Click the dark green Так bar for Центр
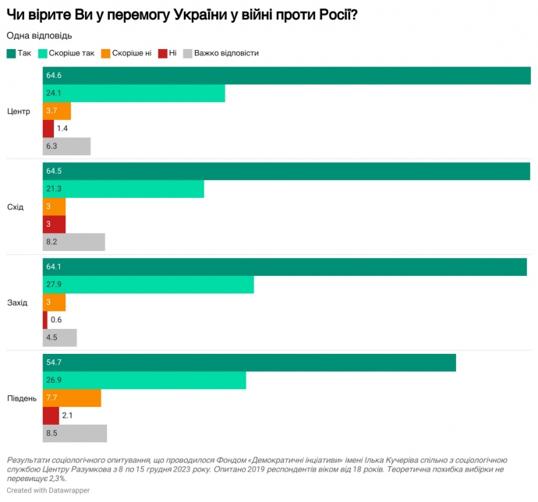point(286,76)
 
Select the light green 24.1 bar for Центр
point(133,94)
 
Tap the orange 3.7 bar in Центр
point(57,111)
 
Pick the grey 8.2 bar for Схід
point(73,242)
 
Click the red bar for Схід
point(54,224)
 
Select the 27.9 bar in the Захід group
point(148,285)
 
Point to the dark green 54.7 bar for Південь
point(249,363)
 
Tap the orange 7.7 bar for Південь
point(72,398)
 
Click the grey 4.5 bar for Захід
point(59,338)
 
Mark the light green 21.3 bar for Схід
point(123,189)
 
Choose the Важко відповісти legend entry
point(221,53)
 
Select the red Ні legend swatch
point(162,53)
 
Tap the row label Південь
point(21,398)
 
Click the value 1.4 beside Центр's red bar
point(63,128)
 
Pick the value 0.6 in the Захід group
point(56,320)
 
